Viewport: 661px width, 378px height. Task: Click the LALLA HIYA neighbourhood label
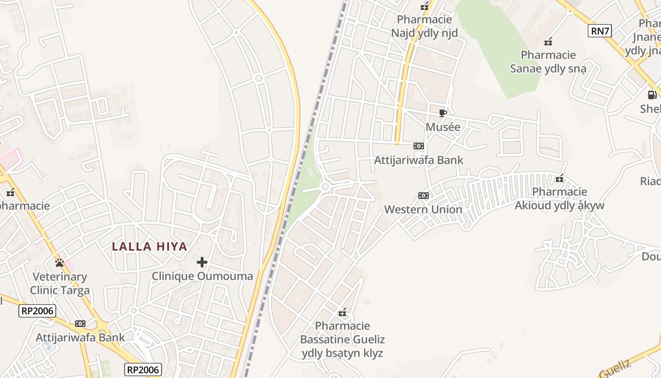(150, 247)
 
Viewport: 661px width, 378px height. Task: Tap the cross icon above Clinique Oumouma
(202, 262)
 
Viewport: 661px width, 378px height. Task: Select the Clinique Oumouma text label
(202, 276)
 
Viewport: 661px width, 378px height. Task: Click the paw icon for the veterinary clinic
(59, 263)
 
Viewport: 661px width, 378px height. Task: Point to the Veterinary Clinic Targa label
(59, 283)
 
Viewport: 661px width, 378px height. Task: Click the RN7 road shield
(600, 32)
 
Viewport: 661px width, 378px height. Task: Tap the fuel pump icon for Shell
(652, 95)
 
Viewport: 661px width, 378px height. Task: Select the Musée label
(443, 127)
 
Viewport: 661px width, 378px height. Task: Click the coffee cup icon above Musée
(443, 113)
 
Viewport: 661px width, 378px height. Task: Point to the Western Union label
(423, 209)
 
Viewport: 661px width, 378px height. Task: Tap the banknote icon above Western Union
(424, 196)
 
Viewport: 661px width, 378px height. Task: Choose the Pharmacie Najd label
(424, 26)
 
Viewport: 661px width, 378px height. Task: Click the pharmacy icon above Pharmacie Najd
(424, 7)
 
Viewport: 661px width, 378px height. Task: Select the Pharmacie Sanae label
(548, 62)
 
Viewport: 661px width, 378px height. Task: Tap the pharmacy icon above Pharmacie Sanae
(548, 42)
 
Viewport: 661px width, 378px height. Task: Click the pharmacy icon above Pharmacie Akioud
(559, 179)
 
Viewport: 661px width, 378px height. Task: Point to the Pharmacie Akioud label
(559, 198)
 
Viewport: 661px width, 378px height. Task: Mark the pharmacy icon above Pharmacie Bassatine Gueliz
(342, 312)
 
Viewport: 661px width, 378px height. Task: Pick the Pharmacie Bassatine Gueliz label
(342, 339)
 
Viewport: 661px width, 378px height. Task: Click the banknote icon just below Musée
(419, 146)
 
